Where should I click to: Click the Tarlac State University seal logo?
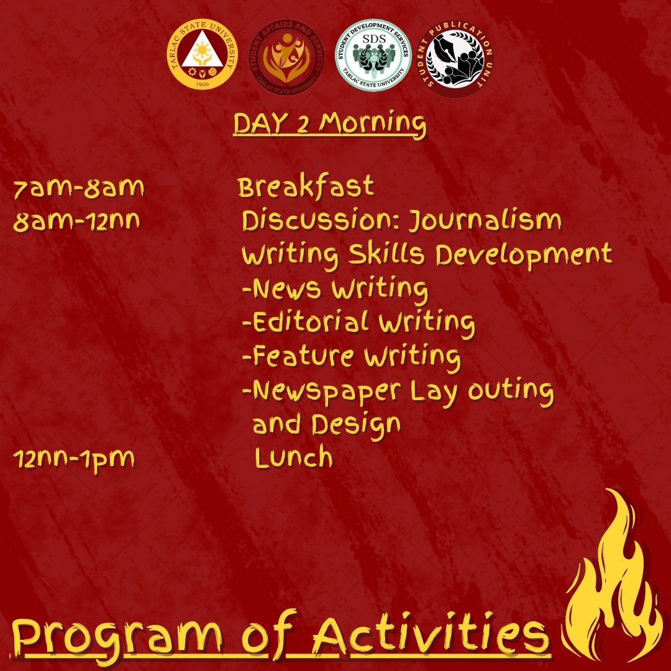202,55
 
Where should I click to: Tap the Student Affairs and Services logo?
286,57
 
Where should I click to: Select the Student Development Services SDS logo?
373,55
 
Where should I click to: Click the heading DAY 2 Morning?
329,124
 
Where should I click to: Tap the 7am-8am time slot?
79,188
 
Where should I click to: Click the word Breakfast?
306,186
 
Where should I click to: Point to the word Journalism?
485,221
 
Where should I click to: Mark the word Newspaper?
327,391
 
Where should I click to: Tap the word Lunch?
294,457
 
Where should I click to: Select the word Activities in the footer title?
431,636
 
